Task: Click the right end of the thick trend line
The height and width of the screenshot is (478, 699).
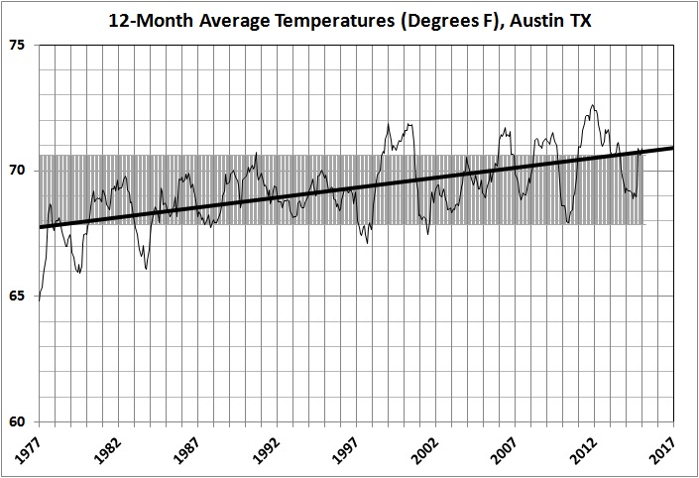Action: [674, 148]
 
